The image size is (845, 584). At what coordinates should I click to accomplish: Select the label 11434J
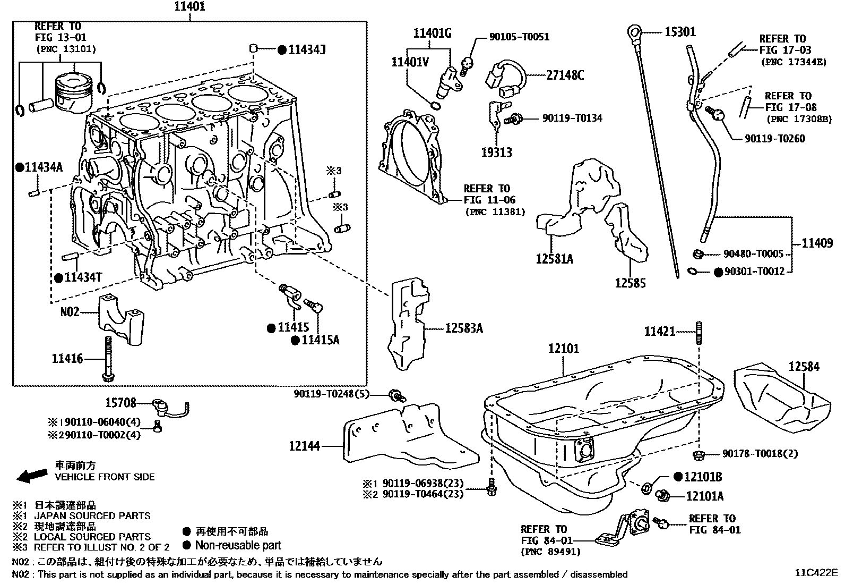[x=306, y=50]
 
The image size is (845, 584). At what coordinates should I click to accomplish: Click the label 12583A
[x=463, y=329]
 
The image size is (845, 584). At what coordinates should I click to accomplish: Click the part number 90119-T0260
[x=774, y=139]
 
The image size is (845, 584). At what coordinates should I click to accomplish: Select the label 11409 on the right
[x=817, y=243]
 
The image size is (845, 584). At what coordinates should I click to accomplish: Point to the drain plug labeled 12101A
[x=662, y=495]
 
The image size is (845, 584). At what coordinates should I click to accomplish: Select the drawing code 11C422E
[x=815, y=573]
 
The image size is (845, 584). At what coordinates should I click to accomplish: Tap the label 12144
[x=304, y=446]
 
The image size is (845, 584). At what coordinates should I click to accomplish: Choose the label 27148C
[x=565, y=75]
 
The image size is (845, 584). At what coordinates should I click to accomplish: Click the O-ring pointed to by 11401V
[x=435, y=106]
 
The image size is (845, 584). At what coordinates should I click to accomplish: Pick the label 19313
[x=496, y=153]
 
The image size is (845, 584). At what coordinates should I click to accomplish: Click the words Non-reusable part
[x=238, y=545]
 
